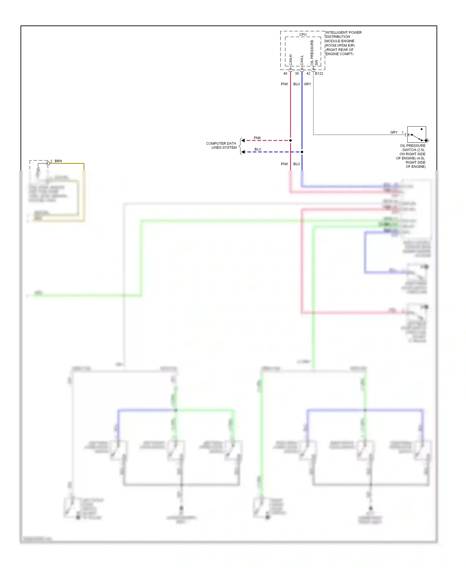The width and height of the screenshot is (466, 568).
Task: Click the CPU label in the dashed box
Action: pos(303,34)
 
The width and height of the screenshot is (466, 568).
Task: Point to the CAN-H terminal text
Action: pos(291,60)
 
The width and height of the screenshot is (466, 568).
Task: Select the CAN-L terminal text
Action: pos(302,60)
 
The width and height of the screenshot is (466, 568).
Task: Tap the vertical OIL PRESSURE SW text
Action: pos(314,53)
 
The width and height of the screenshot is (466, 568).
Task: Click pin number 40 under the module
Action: pos(285,74)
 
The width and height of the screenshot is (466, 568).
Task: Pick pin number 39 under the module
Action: pos(297,74)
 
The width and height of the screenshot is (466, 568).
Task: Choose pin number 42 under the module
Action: pos(308,74)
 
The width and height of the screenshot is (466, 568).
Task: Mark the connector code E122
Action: pos(319,74)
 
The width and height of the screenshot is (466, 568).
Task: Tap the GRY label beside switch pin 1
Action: pos(394,132)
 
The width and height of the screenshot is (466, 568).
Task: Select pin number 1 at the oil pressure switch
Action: pos(403,132)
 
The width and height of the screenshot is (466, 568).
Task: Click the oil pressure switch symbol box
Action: pos(416,134)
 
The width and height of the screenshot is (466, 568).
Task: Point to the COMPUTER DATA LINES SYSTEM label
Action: pos(221,145)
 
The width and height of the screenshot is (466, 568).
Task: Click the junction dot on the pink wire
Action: pos(290,140)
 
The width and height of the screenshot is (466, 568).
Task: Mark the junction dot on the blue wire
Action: pos(302,152)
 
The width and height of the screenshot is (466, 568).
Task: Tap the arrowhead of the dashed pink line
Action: pos(243,140)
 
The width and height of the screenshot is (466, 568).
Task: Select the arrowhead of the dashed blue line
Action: pos(243,152)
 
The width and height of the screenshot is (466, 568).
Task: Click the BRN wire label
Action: pos(58,161)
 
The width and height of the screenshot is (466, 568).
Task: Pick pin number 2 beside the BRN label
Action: pos(51,161)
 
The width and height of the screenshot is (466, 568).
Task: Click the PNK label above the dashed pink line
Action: pos(257,138)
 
